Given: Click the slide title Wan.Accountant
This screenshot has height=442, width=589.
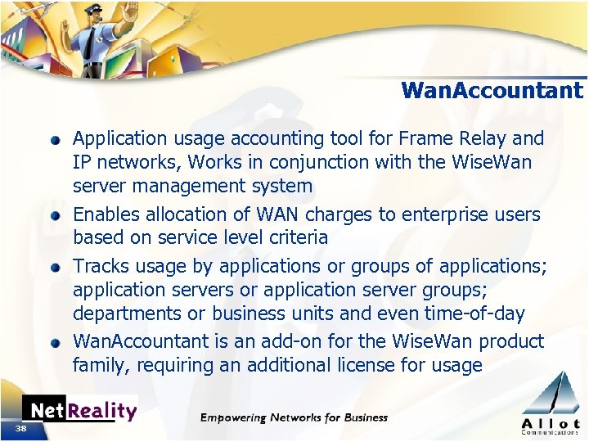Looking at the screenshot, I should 492,90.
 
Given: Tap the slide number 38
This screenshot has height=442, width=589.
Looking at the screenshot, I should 21,428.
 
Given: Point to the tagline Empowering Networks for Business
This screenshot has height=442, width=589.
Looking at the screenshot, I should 294,417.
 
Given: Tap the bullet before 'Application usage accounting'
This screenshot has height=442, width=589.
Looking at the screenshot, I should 55,140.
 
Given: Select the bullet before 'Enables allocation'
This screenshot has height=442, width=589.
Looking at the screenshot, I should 55,216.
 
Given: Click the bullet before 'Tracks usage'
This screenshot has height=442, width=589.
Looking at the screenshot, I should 55,268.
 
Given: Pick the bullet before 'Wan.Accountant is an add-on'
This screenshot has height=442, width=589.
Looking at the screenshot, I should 55,343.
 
